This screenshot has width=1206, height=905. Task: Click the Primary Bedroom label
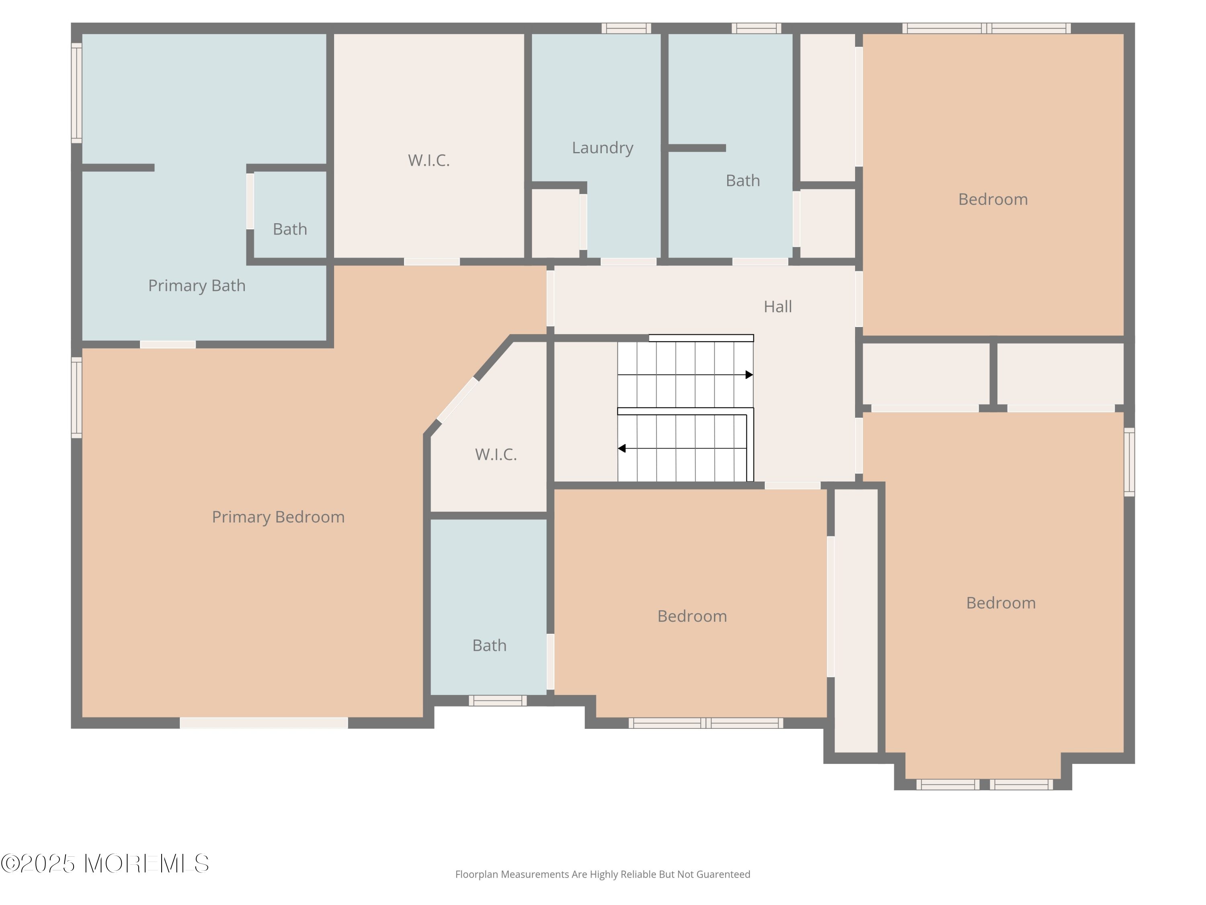pyautogui.click(x=278, y=517)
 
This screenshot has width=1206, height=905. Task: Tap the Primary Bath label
pyautogui.click(x=197, y=286)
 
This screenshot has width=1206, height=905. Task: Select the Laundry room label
pyautogui.click(x=603, y=148)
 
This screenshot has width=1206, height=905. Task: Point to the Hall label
pyautogui.click(x=777, y=306)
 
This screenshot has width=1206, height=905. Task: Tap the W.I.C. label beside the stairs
pyautogui.click(x=496, y=455)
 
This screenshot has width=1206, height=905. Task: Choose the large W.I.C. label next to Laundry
pyautogui.click(x=429, y=160)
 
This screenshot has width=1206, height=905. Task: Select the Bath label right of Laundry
pyautogui.click(x=742, y=181)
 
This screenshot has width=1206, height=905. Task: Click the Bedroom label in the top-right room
pyautogui.click(x=993, y=199)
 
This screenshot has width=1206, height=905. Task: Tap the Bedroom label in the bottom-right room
pyautogui.click(x=1001, y=603)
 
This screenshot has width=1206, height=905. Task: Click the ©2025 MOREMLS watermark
pyautogui.click(x=105, y=864)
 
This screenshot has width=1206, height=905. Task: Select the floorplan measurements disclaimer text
pyautogui.click(x=603, y=874)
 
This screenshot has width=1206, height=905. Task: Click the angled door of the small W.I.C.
pyautogui.click(x=458, y=400)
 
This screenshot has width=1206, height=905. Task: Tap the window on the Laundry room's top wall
pyautogui.click(x=626, y=29)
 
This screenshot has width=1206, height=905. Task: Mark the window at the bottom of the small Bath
pyautogui.click(x=498, y=700)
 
